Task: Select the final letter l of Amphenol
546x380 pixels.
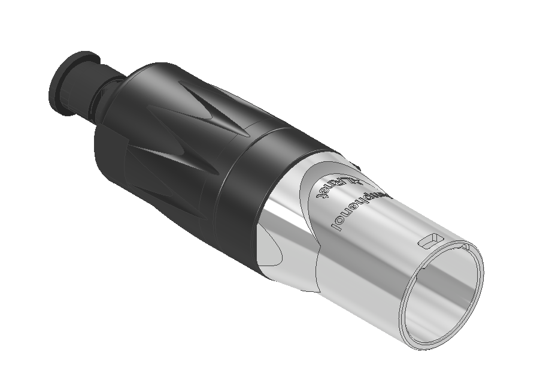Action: coord(331,226)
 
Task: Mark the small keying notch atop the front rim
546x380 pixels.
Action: coord(464,246)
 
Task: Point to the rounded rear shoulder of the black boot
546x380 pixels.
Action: coord(114,150)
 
